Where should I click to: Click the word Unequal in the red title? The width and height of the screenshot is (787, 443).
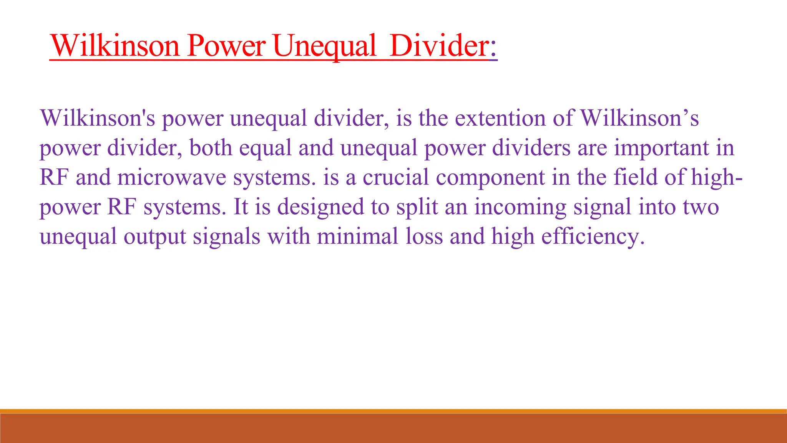click(325, 46)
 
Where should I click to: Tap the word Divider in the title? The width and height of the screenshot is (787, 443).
click(438, 46)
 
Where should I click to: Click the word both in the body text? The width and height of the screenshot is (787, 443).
click(211, 148)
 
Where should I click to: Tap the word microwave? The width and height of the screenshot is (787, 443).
click(171, 178)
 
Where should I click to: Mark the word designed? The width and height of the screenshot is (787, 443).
click(320, 207)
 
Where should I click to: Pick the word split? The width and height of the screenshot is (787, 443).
click(417, 207)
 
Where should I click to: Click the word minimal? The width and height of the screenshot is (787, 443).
click(357, 236)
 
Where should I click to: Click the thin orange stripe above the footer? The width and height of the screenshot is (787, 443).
click(393, 411)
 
